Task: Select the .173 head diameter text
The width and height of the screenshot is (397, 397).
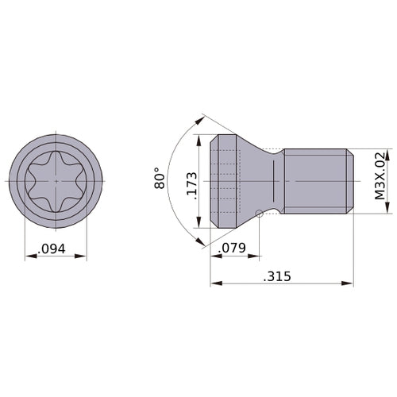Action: pos(191,182)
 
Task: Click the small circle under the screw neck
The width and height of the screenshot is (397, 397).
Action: pos(260,212)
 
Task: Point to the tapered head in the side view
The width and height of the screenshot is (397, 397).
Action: pos(238,182)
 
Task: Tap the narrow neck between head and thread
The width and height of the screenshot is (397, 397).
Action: pos(275,182)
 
